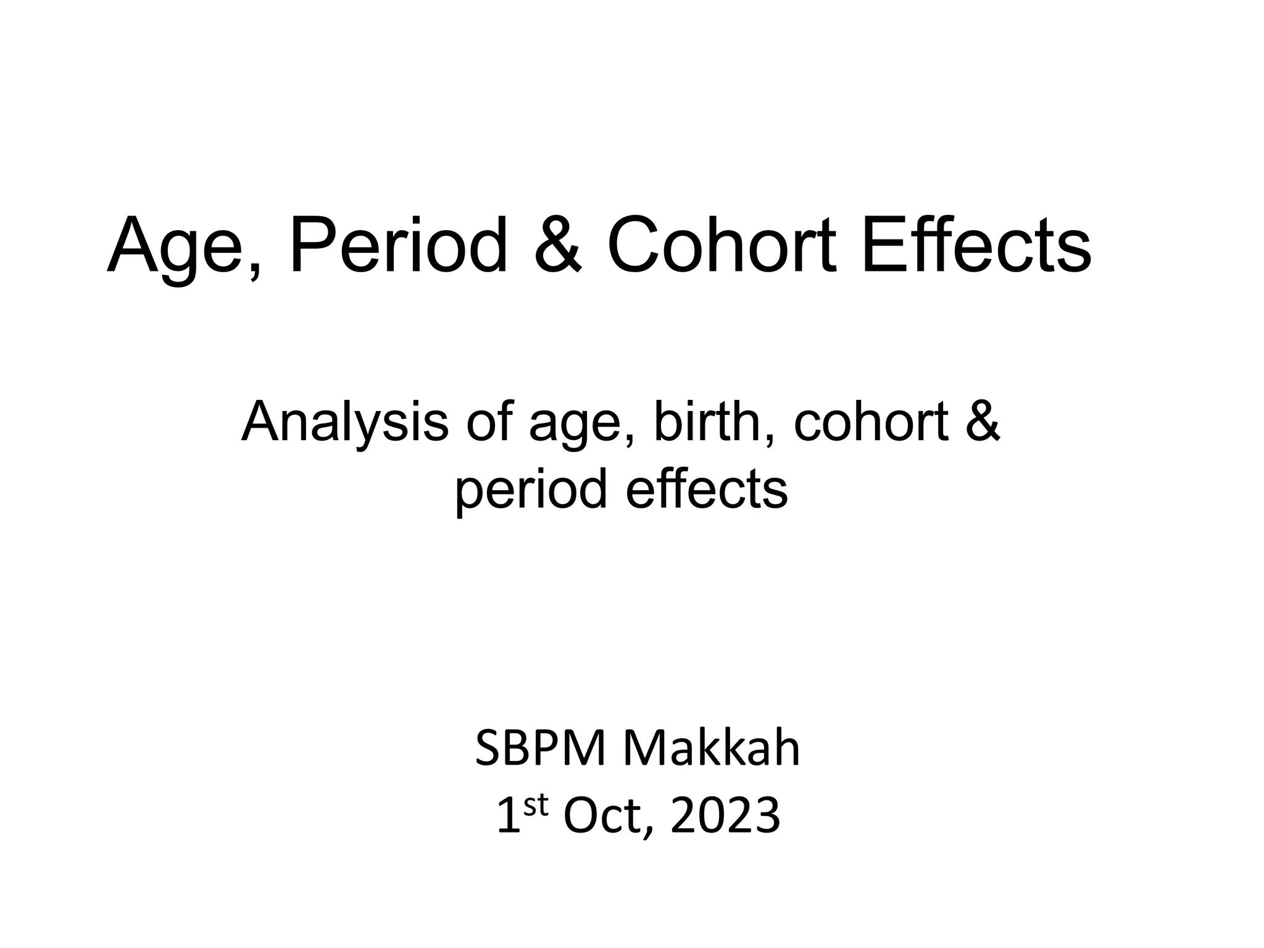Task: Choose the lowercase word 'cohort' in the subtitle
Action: click(870, 422)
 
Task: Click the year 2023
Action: click(725, 817)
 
